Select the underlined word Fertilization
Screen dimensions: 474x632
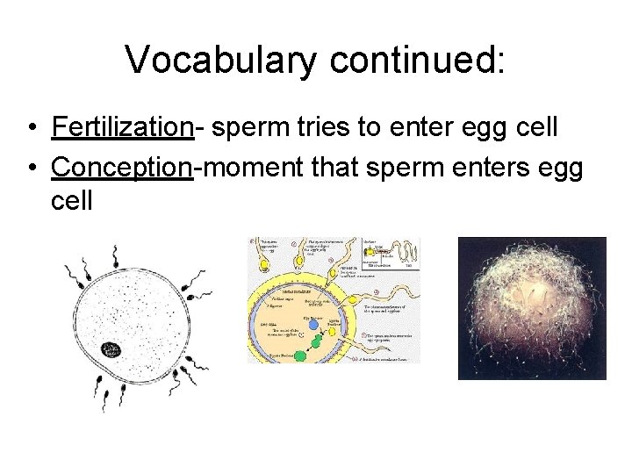[122, 127]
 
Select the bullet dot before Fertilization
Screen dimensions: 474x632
[31, 128]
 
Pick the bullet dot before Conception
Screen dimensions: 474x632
[31, 166]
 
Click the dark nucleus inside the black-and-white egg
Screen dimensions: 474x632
[111, 351]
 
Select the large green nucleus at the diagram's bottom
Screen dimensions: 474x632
[299, 354]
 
